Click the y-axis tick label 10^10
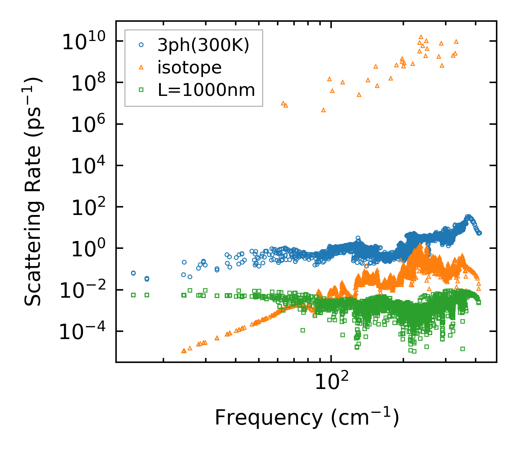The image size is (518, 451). (85, 42)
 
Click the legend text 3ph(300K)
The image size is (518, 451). (203, 45)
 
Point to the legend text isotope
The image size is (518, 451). (189, 68)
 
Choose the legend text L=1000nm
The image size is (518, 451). (206, 90)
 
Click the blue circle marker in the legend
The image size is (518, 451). (141, 45)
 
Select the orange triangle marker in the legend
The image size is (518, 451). (141, 67)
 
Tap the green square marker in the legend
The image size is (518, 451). (141, 90)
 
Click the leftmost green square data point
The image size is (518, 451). (134, 295)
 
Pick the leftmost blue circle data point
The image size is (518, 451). (134, 273)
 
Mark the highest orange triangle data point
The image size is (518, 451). (421, 37)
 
